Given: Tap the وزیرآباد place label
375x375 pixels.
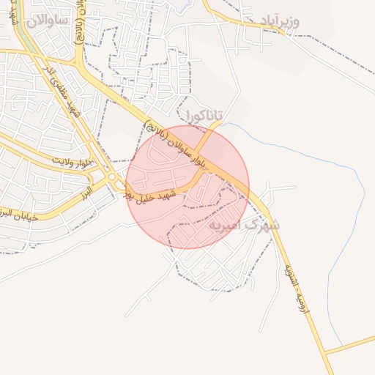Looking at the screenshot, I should coord(280,21).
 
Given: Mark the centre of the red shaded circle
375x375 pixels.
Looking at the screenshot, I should coord(187,187).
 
